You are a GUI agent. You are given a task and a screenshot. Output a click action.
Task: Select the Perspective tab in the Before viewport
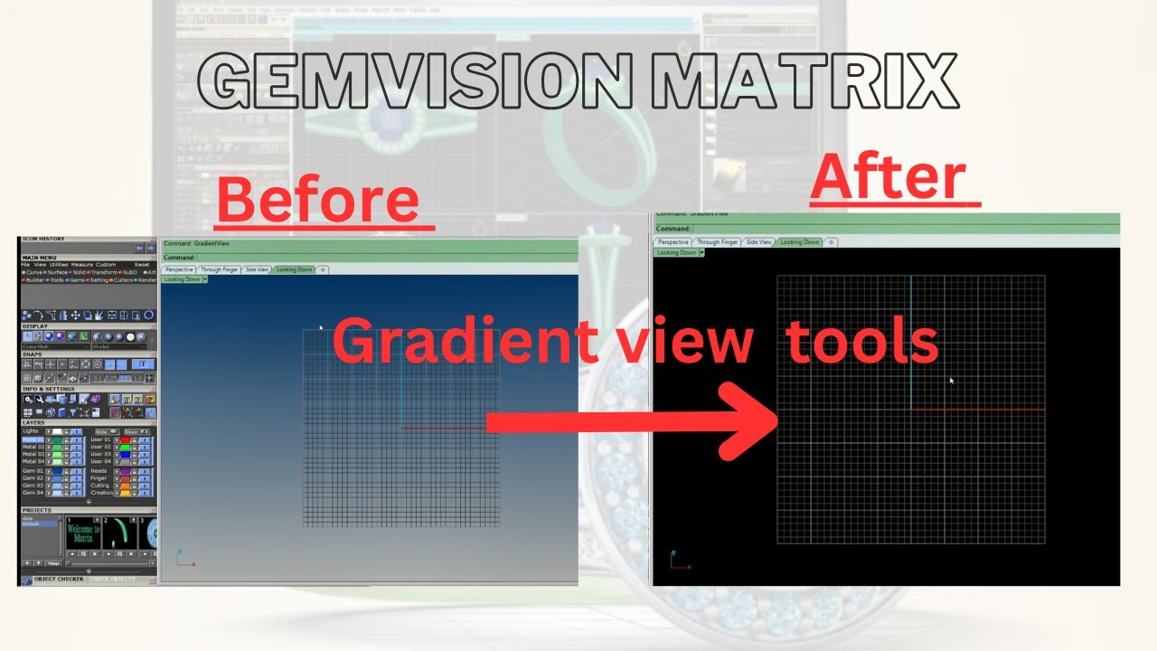(x=179, y=269)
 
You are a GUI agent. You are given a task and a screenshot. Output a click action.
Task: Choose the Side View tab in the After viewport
(x=759, y=242)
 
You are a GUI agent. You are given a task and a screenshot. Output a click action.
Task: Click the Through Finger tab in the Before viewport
(x=220, y=269)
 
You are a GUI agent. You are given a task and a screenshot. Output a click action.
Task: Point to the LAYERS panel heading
(x=33, y=422)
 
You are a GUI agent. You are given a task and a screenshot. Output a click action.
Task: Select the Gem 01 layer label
(x=32, y=471)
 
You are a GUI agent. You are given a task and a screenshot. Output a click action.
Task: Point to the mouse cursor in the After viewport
(x=951, y=381)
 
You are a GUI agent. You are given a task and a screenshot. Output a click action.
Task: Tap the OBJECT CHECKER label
(x=59, y=579)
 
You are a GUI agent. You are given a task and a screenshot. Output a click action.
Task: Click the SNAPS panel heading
(x=33, y=354)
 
